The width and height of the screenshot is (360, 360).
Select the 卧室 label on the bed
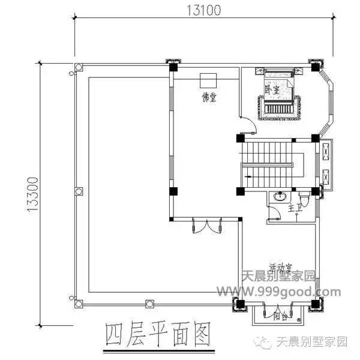(273, 90)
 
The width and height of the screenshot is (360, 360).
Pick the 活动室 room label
(280, 266)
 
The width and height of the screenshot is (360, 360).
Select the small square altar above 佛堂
(208, 80)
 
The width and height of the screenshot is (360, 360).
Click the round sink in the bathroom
(278, 196)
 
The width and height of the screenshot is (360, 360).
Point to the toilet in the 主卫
(303, 196)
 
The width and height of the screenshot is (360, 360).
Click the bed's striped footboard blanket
(278, 109)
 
